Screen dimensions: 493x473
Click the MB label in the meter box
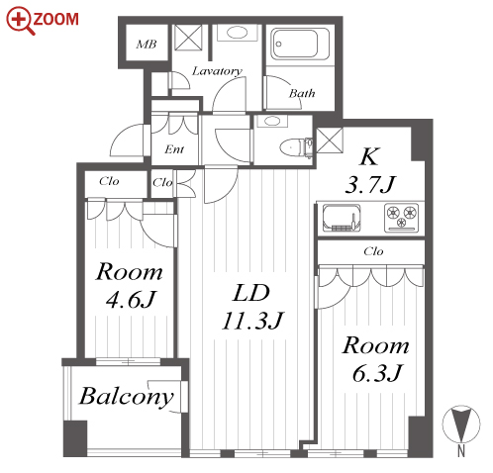[x=147, y=45]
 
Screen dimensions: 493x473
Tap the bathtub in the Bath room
[x=300, y=45]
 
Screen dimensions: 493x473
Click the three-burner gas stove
[x=401, y=218]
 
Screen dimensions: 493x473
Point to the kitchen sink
[x=342, y=218]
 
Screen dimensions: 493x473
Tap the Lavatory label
[x=217, y=71]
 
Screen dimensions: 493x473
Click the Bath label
[x=302, y=93]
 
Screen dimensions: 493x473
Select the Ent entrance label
[x=174, y=149]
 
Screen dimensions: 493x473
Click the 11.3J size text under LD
[x=252, y=321]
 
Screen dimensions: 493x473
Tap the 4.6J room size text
[x=131, y=299]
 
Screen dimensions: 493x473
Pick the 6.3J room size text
[x=377, y=373]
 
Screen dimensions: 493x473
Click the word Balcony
[x=127, y=397]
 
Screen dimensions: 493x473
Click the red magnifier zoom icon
[x=20, y=21]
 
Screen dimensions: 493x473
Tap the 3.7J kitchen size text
[x=370, y=184]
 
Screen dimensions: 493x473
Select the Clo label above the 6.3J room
[x=373, y=251]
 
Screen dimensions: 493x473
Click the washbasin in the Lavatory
[x=237, y=33]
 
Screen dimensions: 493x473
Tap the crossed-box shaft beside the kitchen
[x=330, y=141]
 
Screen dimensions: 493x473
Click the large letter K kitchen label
[x=369, y=156]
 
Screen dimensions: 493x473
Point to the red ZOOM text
[x=56, y=19]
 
